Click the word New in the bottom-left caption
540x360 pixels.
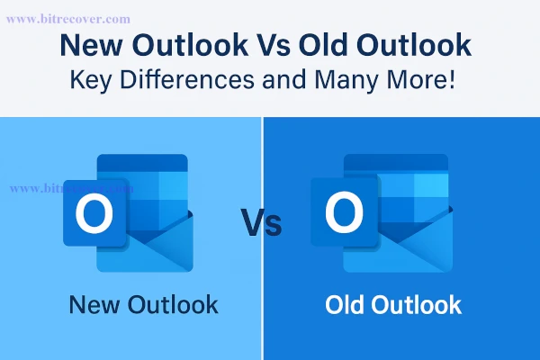pyautogui.click(x=92, y=304)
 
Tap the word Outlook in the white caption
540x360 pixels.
pyautogui.click(x=417, y=304)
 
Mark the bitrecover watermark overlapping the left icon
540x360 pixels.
pyautogui.click(x=72, y=189)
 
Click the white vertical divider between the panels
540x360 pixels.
pyautogui.click(x=263, y=297)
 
